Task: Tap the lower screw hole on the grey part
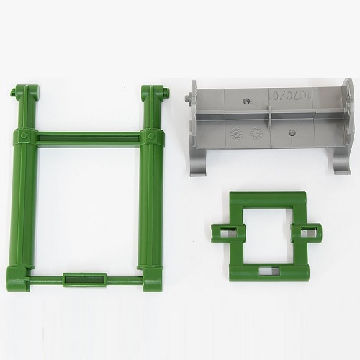click(293, 132)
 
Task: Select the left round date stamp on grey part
click(236, 132)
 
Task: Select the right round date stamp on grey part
click(254, 132)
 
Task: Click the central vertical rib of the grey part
click(268, 119)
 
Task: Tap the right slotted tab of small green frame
click(310, 233)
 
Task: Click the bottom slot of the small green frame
click(268, 271)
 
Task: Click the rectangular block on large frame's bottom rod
click(84, 279)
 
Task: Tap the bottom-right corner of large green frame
click(151, 283)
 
